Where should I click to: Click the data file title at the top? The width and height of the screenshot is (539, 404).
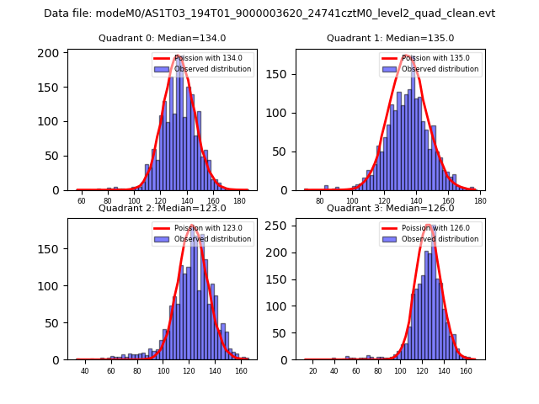(x=269, y=13)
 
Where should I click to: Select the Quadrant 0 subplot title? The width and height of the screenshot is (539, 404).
(x=163, y=38)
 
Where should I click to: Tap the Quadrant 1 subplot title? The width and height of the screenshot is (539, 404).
(x=390, y=38)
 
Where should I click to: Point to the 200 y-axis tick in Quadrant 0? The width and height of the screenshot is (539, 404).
(x=52, y=53)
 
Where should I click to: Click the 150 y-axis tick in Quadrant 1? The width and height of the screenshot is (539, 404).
(x=280, y=74)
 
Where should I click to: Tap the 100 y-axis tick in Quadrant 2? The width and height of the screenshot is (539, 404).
(x=52, y=286)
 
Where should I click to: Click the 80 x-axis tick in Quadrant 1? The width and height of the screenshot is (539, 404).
(x=320, y=201)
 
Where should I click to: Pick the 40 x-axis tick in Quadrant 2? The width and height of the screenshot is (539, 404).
(x=84, y=371)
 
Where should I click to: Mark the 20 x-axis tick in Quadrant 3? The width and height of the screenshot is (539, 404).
(x=313, y=371)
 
